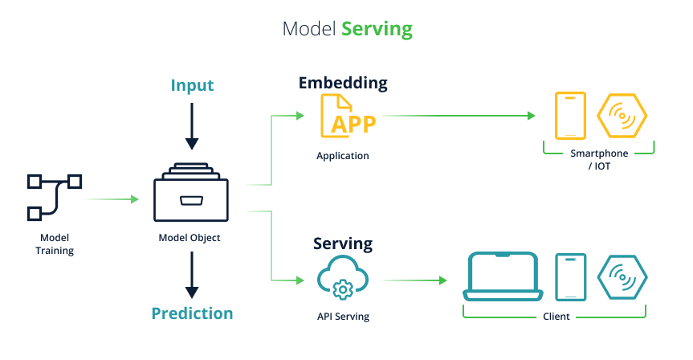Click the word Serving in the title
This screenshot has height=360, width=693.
point(377,30)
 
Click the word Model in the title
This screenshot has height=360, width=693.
point(309,30)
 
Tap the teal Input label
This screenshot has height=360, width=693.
point(192,85)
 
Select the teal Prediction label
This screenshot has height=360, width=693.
point(192,313)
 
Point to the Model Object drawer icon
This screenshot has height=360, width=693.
point(191,192)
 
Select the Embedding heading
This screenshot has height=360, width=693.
point(343,83)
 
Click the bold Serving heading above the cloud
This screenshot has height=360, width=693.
point(343,243)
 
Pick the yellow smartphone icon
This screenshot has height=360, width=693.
point(571,116)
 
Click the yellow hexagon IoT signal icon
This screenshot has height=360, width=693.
point(622,116)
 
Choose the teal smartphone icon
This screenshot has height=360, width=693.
point(571,276)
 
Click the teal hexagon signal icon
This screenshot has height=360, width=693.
point(622,276)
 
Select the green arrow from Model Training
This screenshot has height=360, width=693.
point(112,198)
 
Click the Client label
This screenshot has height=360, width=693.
point(556,317)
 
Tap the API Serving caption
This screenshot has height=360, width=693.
point(343,317)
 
